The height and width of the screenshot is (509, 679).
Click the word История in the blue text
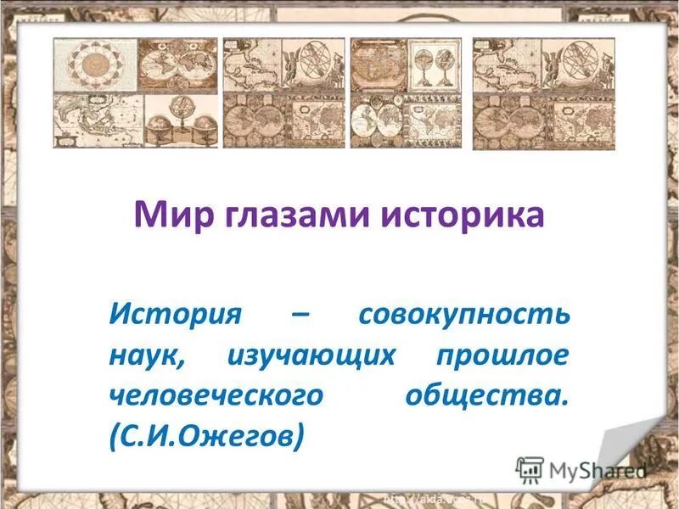tap(175, 316)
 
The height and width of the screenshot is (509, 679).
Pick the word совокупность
tap(463, 316)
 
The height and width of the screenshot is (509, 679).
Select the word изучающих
tap(311, 356)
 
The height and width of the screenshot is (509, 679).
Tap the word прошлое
tap(502, 356)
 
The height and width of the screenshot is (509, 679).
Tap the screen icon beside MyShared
tap(530, 470)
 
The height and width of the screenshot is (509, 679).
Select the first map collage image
tap(136, 93)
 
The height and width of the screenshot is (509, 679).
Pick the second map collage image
tap(284, 93)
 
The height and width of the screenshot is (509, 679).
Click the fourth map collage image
tap(543, 93)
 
